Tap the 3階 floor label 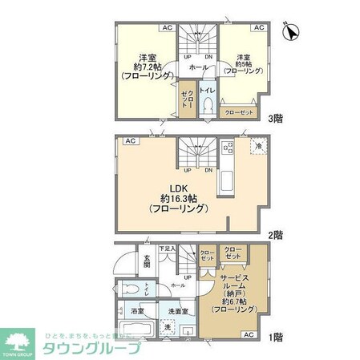(x=277, y=115)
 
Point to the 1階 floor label (x=276, y=338)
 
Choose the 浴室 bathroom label (x=137, y=310)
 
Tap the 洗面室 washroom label (x=177, y=310)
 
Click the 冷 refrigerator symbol (x=258, y=147)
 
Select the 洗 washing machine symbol (x=168, y=327)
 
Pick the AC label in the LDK (x=127, y=142)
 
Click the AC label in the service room (x=248, y=334)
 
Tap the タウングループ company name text (x=91, y=349)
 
